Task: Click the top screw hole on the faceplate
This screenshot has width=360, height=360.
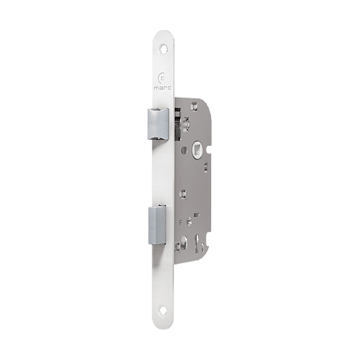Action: (x=164, y=49)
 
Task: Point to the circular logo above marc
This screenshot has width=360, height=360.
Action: (x=161, y=79)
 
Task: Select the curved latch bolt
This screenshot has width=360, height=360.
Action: (x=158, y=124)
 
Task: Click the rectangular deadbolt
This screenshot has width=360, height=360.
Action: (x=157, y=225)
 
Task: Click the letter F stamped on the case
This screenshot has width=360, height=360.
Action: (x=181, y=222)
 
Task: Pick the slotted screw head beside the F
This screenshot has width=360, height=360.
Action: (x=189, y=221)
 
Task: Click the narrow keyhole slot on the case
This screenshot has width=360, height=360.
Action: (x=197, y=244)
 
